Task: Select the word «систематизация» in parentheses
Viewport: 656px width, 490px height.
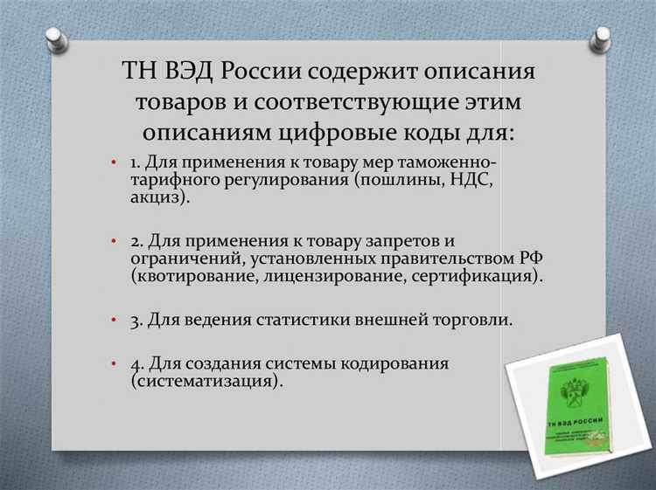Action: [207, 382]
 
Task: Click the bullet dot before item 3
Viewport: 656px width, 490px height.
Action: [114, 321]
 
